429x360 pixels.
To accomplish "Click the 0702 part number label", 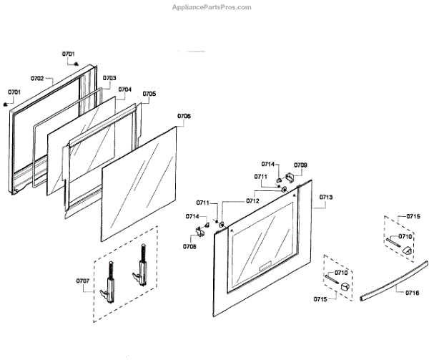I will pyautogui.click(x=37, y=78).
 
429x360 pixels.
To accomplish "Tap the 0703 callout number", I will pyautogui.click(x=109, y=78).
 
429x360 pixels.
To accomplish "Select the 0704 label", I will pyautogui.click(x=124, y=89).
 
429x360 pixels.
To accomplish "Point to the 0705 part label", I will pyautogui.click(x=149, y=94).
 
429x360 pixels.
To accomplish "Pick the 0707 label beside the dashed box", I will pyautogui.click(x=82, y=281).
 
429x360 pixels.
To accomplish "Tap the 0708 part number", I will pyautogui.click(x=189, y=246).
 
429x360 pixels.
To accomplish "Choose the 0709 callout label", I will pyautogui.click(x=300, y=165).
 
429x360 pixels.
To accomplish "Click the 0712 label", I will pyautogui.click(x=252, y=201).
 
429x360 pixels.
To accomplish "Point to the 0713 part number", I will pyautogui.click(x=326, y=196).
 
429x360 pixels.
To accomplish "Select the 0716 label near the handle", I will pyautogui.click(x=412, y=293).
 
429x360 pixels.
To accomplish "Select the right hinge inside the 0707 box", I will pyautogui.click(x=137, y=268).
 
